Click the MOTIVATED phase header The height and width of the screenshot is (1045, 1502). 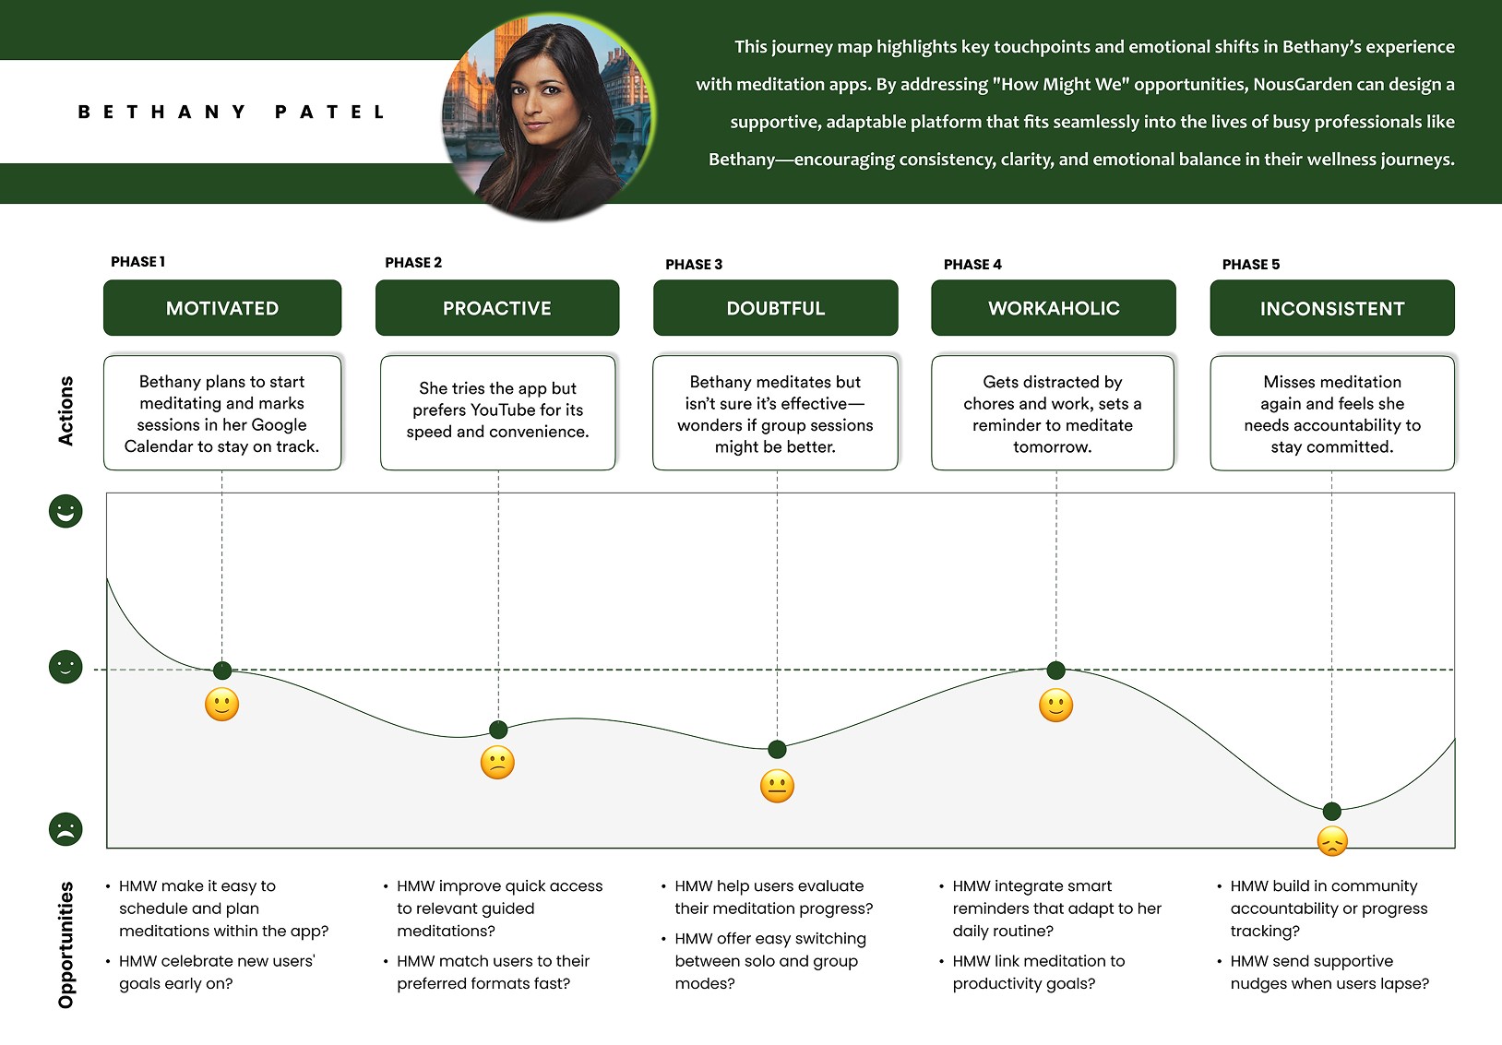click(222, 308)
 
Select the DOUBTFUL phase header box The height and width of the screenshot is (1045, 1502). click(775, 308)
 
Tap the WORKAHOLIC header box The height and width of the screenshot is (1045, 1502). click(1054, 308)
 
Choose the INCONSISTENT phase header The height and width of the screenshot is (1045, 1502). click(1332, 308)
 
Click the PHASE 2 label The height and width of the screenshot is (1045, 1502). click(413, 263)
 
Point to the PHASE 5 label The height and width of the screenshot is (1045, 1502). click(1251, 265)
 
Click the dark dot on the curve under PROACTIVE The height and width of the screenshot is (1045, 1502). click(498, 730)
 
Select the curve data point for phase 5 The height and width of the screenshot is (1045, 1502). click(1331, 812)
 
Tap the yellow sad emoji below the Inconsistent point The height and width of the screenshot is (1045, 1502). click(1332, 841)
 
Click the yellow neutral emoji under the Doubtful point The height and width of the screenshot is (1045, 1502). click(777, 787)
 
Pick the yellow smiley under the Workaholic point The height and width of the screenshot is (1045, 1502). click(1055, 707)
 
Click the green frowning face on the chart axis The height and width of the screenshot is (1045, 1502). click(66, 829)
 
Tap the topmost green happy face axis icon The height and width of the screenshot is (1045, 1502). click(66, 511)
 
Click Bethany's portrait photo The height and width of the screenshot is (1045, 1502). click(548, 115)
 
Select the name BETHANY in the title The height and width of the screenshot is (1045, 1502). click(162, 113)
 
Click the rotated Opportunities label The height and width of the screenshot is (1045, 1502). click(66, 944)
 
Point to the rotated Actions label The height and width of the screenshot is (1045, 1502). click(66, 410)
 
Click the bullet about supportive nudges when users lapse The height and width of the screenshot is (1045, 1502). click(1329, 972)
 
